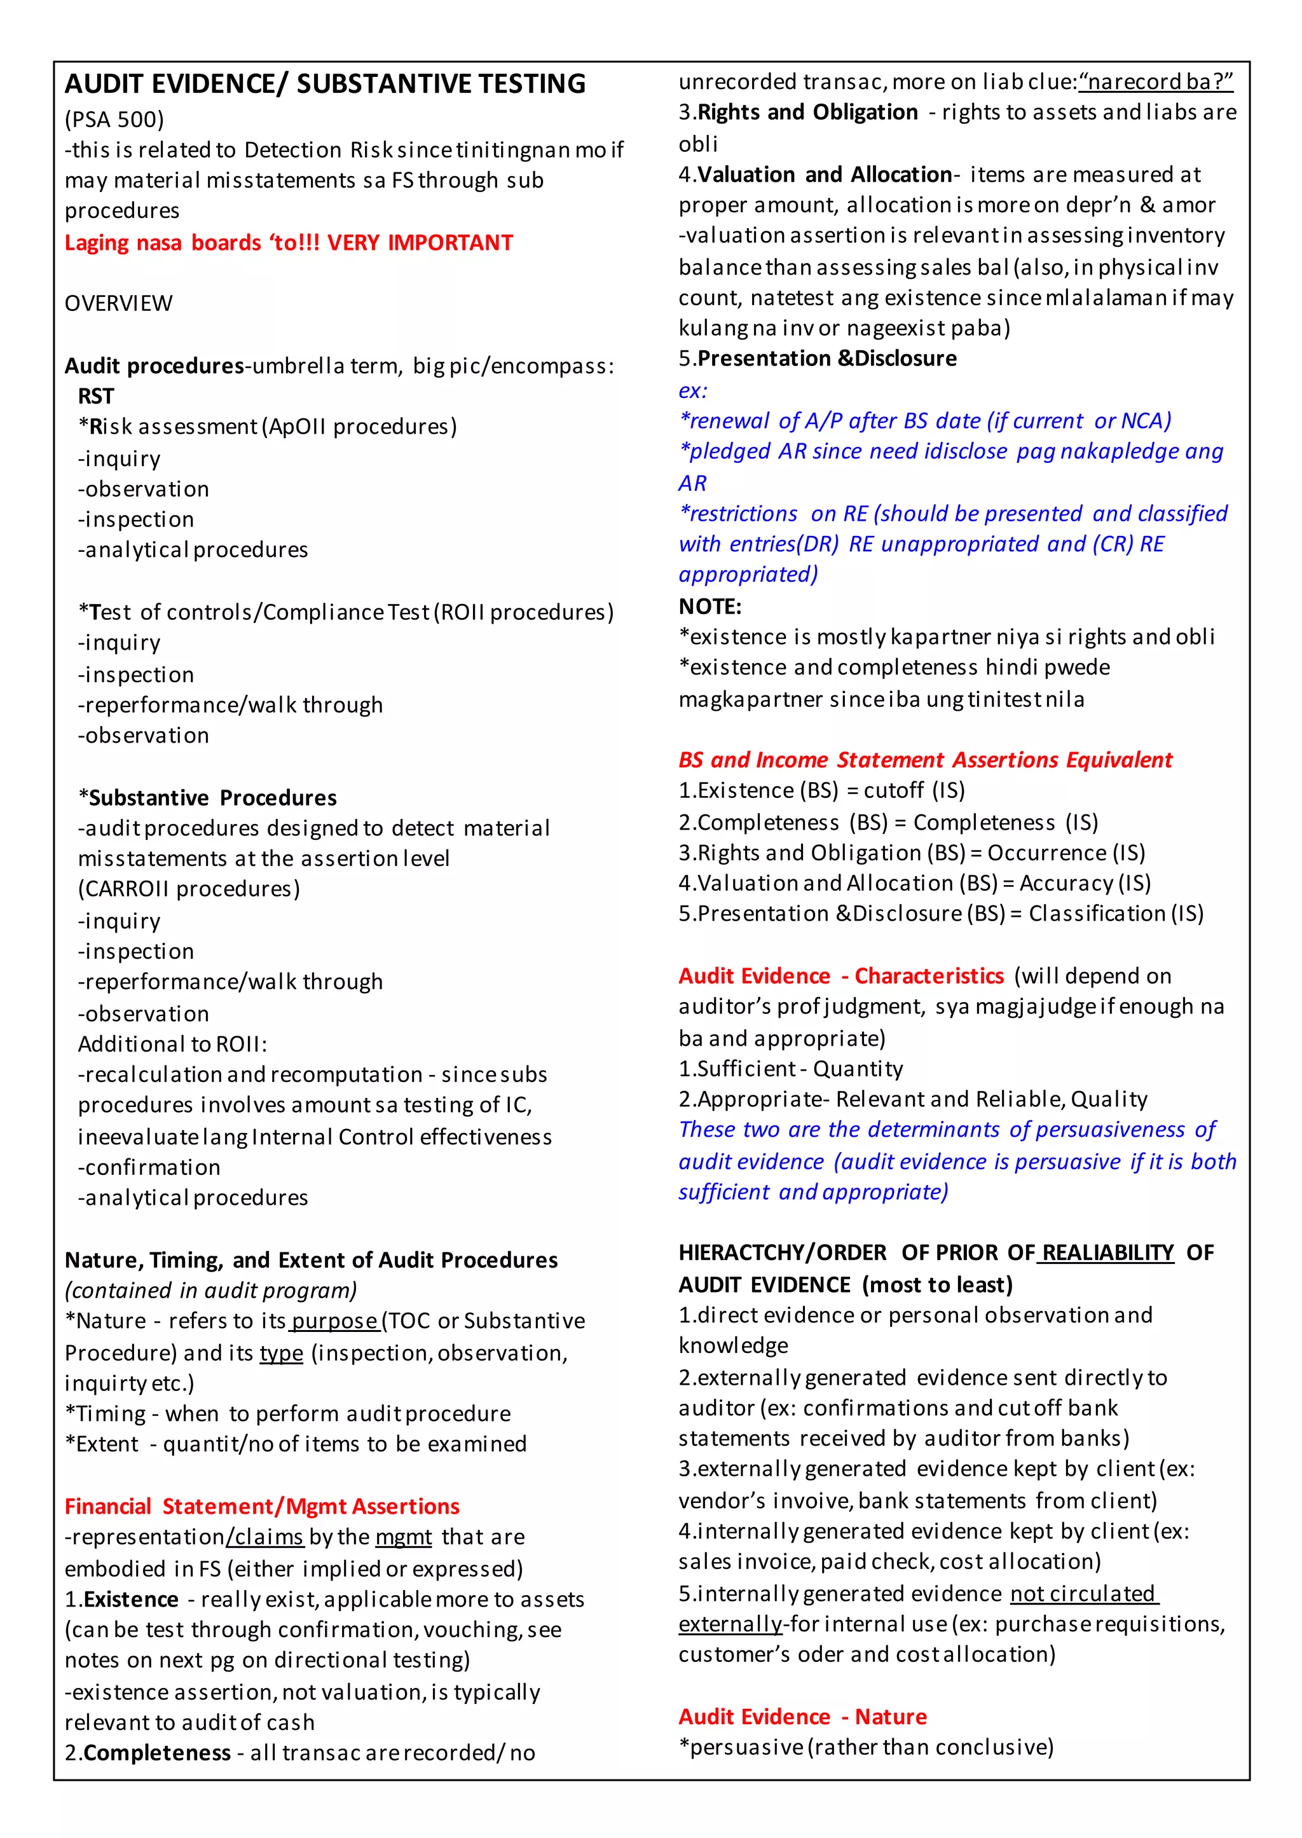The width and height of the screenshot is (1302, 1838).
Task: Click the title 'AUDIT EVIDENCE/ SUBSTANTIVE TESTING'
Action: point(325,84)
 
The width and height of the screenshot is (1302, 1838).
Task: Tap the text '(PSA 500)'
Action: point(114,120)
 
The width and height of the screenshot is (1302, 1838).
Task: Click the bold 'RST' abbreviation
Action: point(95,396)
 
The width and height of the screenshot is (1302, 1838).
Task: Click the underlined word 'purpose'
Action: point(334,1321)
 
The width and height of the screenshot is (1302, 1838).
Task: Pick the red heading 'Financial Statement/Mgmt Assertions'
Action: point(261,1506)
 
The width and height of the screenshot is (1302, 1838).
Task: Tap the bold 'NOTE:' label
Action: point(709,606)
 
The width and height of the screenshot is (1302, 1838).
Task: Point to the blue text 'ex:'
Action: point(693,390)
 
